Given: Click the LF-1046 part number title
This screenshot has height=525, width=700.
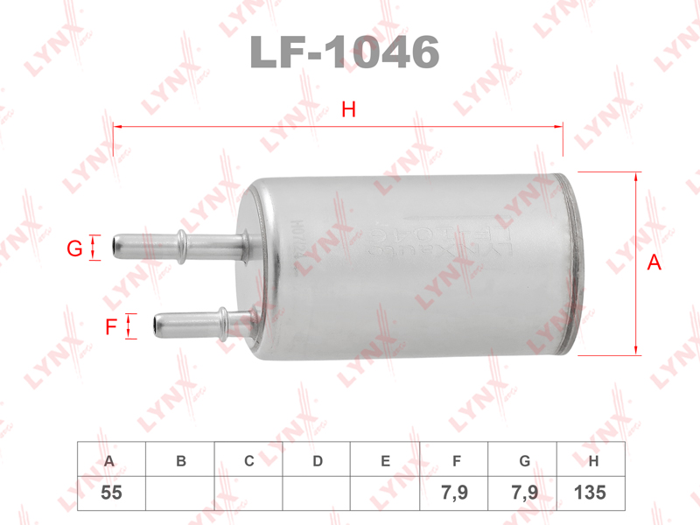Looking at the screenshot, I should (344, 53).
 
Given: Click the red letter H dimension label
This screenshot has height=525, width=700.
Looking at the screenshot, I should (348, 109).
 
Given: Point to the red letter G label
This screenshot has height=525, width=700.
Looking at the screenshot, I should (75, 249).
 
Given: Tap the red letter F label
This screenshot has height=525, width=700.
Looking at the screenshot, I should (111, 328).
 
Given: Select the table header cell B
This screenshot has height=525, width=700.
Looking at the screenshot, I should (180, 460).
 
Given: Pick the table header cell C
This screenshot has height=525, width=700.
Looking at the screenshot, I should (248, 460).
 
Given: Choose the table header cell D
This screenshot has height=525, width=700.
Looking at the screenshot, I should (318, 460).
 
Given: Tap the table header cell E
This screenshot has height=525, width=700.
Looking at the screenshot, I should (386, 460).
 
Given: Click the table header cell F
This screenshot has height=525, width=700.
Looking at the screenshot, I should (456, 460).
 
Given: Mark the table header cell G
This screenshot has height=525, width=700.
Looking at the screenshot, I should (524, 460).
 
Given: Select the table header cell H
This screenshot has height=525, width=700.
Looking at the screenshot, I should (593, 460).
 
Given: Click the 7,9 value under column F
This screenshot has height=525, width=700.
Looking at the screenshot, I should (456, 493).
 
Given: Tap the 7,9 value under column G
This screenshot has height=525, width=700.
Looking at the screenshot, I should (524, 493).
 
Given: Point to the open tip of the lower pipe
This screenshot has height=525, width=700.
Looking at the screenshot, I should (156, 325).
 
